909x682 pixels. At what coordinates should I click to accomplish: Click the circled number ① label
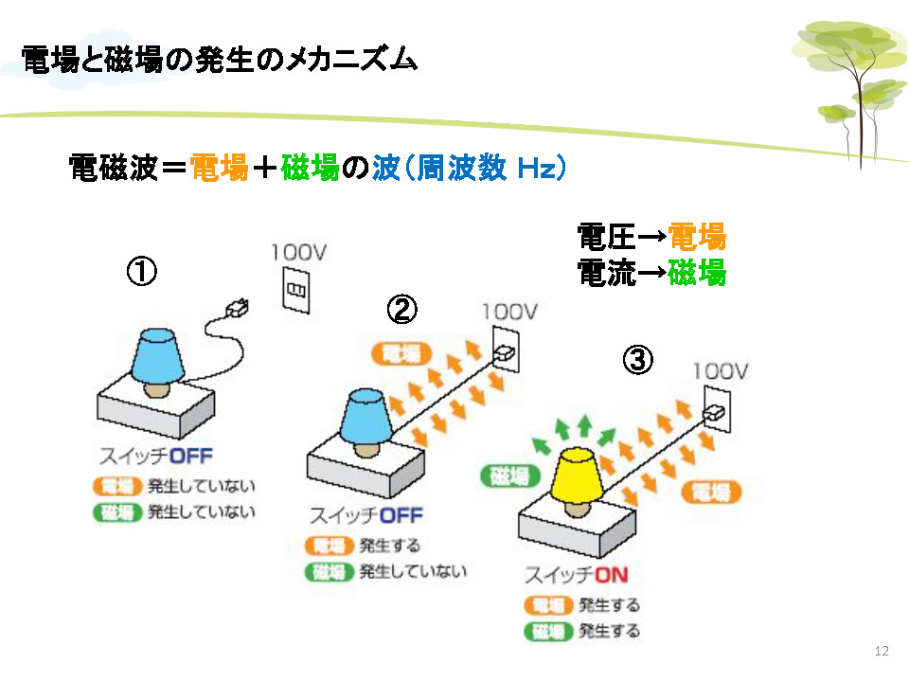(141, 272)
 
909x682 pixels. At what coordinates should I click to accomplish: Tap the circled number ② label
(401, 309)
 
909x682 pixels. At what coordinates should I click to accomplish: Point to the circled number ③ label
(637, 360)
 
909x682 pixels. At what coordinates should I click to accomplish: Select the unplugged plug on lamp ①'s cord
(237, 307)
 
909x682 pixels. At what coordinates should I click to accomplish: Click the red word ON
(610, 575)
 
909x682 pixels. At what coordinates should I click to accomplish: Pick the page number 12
(882, 650)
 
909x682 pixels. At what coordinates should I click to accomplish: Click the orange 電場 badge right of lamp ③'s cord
(711, 491)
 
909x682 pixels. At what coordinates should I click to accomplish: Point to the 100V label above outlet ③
(721, 370)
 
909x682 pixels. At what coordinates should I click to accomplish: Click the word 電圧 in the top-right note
(606, 235)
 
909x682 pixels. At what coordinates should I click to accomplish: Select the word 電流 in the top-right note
(606, 274)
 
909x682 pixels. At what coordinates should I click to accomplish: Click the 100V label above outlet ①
(299, 253)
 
